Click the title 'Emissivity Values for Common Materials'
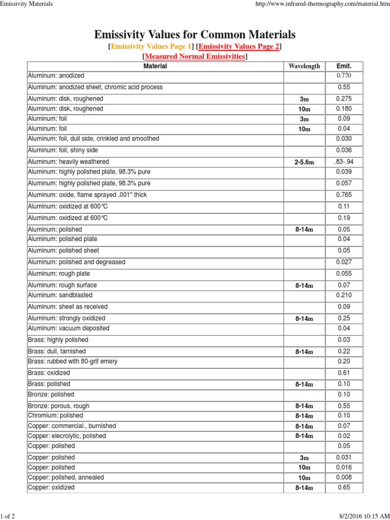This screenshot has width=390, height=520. [x=194, y=35]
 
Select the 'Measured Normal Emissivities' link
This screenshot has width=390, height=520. [x=195, y=56]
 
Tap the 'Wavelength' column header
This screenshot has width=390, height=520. [x=304, y=66]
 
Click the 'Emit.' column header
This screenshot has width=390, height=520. [x=344, y=66]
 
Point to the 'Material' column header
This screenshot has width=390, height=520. [x=155, y=66]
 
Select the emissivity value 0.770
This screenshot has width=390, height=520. [x=344, y=76]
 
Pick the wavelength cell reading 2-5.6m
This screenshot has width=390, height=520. [x=304, y=162]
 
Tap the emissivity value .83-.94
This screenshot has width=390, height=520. [x=344, y=161]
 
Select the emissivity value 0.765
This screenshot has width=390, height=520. [x=344, y=195]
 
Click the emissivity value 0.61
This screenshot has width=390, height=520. [x=344, y=373]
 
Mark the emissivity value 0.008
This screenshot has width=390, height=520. [x=344, y=477]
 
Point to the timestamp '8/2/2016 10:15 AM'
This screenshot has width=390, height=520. [x=359, y=516]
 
